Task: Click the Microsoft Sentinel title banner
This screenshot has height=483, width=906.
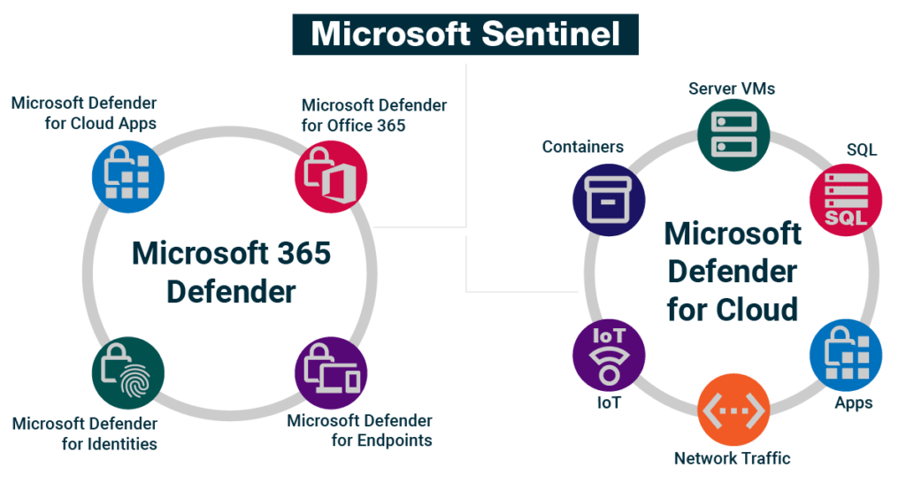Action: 465,34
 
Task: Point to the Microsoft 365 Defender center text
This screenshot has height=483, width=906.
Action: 231,272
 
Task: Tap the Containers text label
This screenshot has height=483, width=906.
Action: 583,147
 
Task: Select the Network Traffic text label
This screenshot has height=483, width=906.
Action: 732,458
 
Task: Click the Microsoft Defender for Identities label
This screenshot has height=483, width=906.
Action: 85,433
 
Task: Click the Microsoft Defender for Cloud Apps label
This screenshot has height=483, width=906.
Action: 84,113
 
